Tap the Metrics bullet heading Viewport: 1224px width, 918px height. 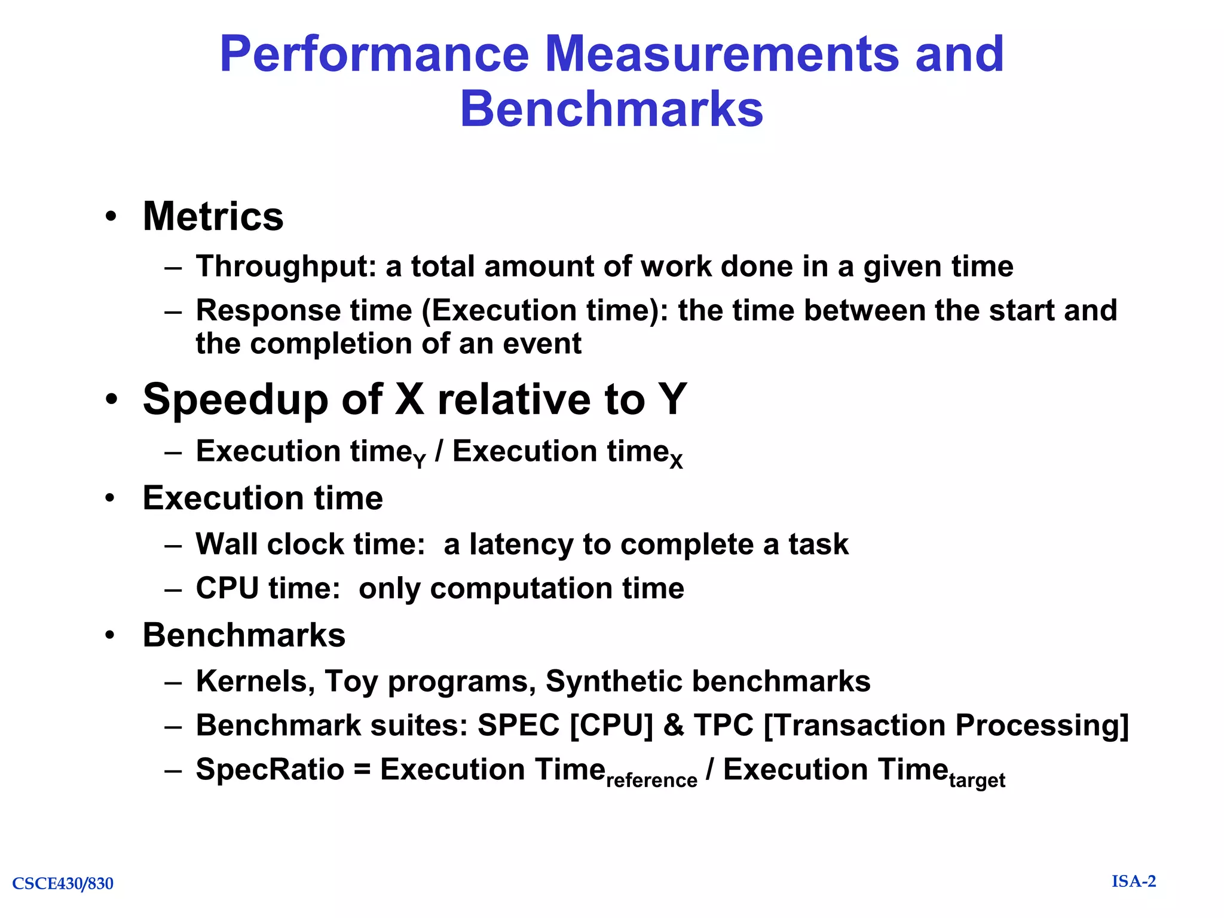pos(213,216)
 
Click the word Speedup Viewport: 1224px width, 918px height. pos(235,399)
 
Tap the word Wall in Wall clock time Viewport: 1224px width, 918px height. pos(227,544)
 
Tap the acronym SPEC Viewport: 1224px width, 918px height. pos(518,726)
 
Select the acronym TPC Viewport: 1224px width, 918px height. pos(724,726)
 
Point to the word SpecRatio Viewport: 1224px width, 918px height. pos(270,770)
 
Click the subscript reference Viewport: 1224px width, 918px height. pos(651,781)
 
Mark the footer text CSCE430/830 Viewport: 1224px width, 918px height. pos(63,883)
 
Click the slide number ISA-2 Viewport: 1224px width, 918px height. pos(1134,882)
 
